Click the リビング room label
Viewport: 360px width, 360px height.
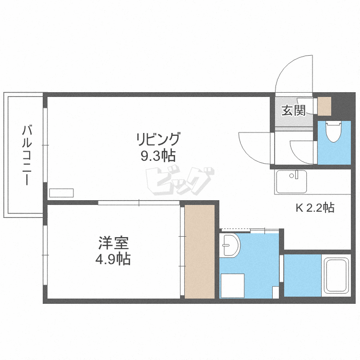click(x=158, y=140)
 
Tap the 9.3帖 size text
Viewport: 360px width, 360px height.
click(x=158, y=156)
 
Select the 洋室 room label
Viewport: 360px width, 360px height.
click(x=114, y=243)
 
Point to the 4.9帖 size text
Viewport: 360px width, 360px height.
click(x=114, y=259)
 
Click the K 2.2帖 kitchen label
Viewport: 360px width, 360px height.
click(x=314, y=208)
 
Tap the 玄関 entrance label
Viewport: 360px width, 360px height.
click(x=293, y=110)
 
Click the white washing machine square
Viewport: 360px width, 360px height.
click(x=232, y=285)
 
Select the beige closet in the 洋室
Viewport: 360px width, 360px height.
click(x=200, y=251)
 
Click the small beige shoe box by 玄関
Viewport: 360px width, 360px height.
click(x=325, y=106)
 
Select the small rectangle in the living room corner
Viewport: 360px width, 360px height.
click(x=61, y=192)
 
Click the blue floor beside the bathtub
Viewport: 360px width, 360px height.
click(x=302, y=275)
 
